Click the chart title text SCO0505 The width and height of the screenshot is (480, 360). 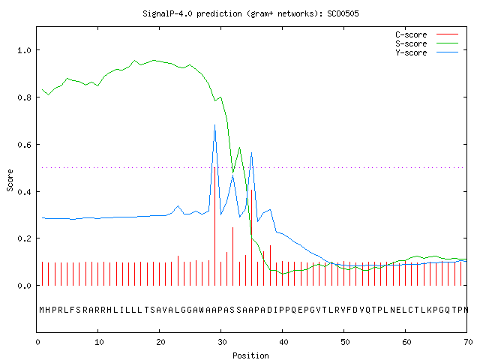343,13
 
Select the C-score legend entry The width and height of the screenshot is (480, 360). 427,34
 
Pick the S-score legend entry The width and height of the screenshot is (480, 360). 427,43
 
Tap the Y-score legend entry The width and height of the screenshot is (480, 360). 427,52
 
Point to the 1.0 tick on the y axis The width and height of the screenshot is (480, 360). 24,50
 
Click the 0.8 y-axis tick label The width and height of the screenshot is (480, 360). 24,97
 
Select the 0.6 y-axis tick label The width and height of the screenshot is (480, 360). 24,145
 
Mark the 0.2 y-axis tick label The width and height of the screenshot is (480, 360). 24,238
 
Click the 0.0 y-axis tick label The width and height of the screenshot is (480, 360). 24,286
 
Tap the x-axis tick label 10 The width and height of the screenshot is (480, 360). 99,342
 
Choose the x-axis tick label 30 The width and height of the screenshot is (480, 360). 222,342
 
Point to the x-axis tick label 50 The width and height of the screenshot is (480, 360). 345,342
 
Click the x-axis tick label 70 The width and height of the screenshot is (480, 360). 468,342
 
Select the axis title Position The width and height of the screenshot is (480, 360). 250,355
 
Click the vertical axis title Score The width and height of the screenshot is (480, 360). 10,180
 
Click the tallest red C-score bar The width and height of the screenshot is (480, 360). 215,226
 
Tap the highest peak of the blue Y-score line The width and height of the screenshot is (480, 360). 215,125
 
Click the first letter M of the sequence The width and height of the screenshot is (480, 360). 42,310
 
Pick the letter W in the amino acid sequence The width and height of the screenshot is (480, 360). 202,310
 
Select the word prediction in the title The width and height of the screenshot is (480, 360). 219,13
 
